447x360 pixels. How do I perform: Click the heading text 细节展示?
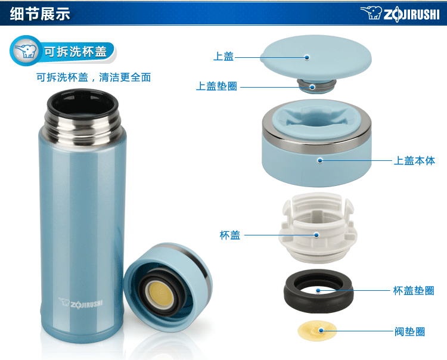40,13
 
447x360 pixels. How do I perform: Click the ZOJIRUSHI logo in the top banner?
401,14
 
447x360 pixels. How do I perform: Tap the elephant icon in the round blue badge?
26,51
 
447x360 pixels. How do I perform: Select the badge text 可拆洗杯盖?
75,52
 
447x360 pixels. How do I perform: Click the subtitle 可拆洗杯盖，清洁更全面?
94,77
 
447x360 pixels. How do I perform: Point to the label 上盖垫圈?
217,86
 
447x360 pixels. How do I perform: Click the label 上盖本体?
414,160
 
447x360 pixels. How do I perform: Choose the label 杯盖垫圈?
414,290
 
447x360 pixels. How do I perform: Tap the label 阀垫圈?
409,331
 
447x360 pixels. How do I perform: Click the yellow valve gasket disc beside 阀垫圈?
317,330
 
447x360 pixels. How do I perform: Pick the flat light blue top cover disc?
316,58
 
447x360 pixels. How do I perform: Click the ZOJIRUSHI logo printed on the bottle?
80,303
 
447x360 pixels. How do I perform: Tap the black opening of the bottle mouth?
83,105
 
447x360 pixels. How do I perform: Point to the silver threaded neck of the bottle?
83,128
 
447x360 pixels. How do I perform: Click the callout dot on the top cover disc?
307,57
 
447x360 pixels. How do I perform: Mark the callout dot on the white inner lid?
316,235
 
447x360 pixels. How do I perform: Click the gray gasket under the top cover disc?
316,86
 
